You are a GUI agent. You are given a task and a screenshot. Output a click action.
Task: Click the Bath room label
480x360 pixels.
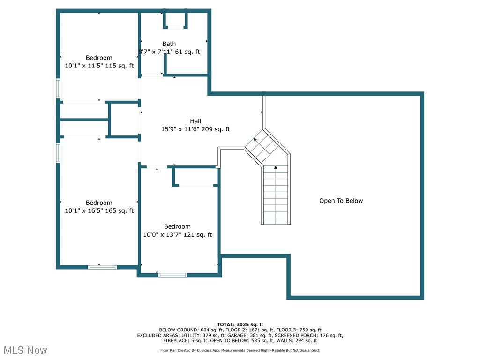click(169, 44)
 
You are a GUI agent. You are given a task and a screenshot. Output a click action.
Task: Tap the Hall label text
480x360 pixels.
click(195, 121)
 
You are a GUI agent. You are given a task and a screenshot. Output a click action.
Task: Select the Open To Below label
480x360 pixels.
click(341, 201)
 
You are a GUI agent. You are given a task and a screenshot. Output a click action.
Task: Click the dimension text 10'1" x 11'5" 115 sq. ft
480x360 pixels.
click(99, 66)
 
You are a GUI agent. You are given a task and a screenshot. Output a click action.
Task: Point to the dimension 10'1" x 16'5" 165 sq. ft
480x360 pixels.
click(99, 211)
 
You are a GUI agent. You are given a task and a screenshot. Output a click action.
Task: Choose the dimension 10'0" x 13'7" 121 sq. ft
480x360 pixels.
click(177, 235)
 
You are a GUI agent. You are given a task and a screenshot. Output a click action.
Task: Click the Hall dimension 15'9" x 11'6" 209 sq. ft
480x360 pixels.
click(195, 129)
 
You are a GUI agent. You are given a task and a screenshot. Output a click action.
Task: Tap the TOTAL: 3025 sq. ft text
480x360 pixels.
click(240, 324)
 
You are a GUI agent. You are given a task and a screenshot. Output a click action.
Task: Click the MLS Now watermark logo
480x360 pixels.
click(25, 350)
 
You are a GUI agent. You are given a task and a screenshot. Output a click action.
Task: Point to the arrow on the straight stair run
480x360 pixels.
click(276, 168)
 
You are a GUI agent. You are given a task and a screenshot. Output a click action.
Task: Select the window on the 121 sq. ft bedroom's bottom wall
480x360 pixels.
click(172, 275)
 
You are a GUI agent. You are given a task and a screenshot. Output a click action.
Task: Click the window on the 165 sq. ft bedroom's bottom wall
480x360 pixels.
click(102, 267)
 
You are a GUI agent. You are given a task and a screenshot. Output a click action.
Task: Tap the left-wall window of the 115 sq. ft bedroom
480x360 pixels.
click(59, 88)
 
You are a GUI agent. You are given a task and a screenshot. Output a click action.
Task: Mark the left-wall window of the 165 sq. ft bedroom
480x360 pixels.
click(59, 153)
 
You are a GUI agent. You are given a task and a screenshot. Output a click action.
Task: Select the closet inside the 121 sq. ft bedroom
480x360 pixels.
click(196, 176)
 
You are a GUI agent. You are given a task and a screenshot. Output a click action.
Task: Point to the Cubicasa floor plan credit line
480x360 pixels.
click(240, 350)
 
